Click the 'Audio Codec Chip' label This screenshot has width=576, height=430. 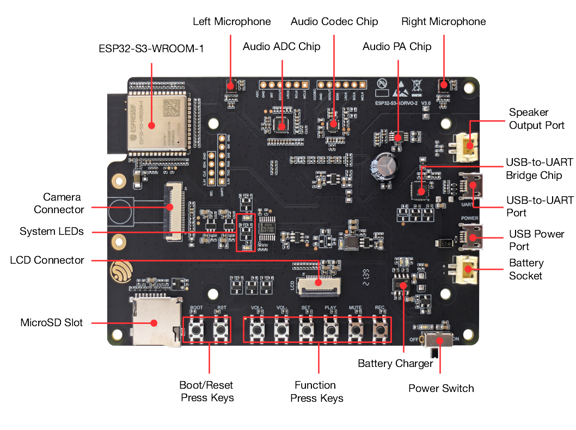334,22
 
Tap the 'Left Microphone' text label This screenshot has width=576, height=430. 232,22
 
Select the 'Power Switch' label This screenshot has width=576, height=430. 441,388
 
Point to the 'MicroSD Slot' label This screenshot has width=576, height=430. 52,322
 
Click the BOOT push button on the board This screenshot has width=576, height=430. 197,329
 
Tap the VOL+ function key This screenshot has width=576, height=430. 257,329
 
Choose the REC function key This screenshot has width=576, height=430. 379,329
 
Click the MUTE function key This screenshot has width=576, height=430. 355,329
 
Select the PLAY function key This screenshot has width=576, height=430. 330,329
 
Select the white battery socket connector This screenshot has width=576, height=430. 467,267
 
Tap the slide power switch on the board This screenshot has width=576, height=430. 439,341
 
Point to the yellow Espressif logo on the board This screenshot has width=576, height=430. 120,271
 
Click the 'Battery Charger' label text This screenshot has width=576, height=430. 395,363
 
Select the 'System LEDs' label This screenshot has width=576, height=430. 52,232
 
